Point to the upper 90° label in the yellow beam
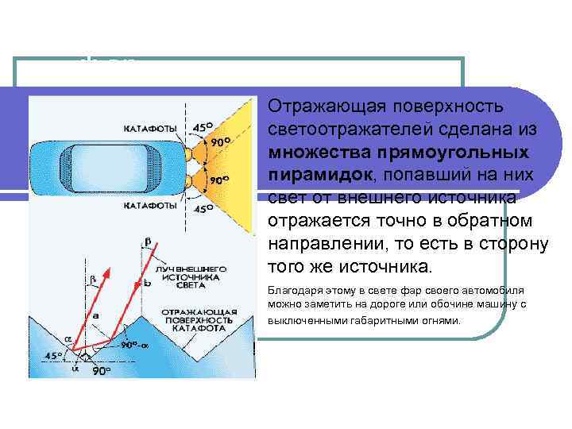[x=220, y=141]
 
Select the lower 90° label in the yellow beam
[x=220, y=180]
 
